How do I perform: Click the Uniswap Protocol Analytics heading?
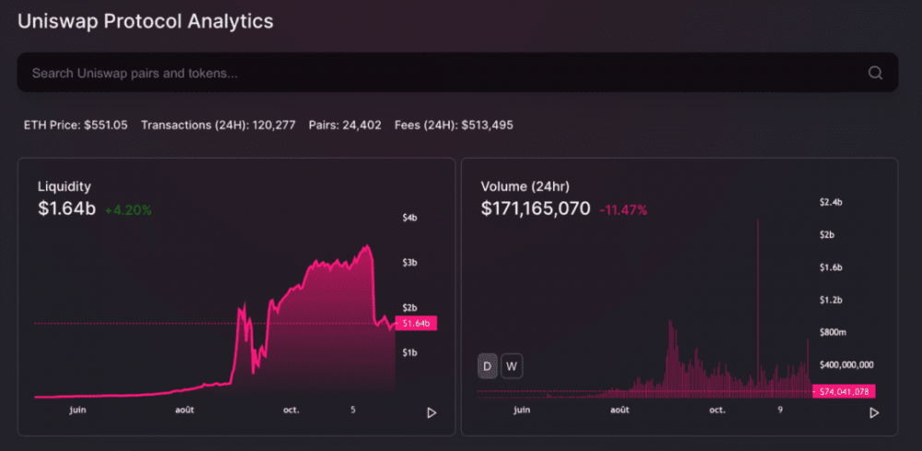[146, 21]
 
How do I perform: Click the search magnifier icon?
[875, 73]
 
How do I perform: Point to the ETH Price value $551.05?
[106, 125]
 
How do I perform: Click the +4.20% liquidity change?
[128, 210]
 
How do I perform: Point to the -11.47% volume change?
[623, 210]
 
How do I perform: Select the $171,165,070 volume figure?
[536, 209]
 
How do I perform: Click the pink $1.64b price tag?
[416, 324]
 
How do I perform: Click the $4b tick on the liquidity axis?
[410, 218]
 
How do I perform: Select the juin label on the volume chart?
[521, 409]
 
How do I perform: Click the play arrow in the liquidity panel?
[431, 412]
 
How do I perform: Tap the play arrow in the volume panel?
[874, 412]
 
